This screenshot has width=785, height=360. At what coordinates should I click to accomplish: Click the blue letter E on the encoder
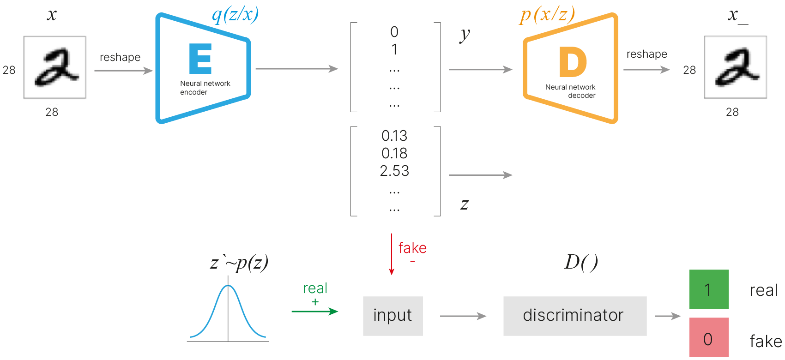200,59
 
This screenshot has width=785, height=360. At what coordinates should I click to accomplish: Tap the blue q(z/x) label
235,15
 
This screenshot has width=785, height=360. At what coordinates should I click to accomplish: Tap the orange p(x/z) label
547,15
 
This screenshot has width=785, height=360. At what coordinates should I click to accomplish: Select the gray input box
392,316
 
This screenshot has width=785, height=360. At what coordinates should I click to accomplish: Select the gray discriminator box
574,316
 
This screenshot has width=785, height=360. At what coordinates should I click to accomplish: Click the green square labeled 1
709,289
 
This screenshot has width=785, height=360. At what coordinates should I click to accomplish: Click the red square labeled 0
709,337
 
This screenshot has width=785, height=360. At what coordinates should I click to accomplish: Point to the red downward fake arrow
392,254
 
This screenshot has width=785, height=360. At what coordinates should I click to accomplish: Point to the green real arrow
315,312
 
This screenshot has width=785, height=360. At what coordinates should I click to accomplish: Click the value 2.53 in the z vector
394,171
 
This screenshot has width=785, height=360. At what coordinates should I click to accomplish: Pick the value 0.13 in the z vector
394,136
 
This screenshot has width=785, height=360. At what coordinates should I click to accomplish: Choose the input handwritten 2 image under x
55,67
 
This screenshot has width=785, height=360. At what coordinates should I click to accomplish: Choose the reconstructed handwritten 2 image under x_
735,67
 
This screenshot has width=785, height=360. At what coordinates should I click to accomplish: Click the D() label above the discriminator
581,262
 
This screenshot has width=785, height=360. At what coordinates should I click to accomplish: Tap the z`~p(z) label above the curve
239,263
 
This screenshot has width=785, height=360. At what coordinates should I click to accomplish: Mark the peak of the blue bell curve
228,286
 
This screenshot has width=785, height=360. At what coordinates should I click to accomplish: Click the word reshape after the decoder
646,54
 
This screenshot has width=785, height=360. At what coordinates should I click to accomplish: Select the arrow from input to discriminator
463,316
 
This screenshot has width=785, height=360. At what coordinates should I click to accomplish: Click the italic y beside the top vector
465,35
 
